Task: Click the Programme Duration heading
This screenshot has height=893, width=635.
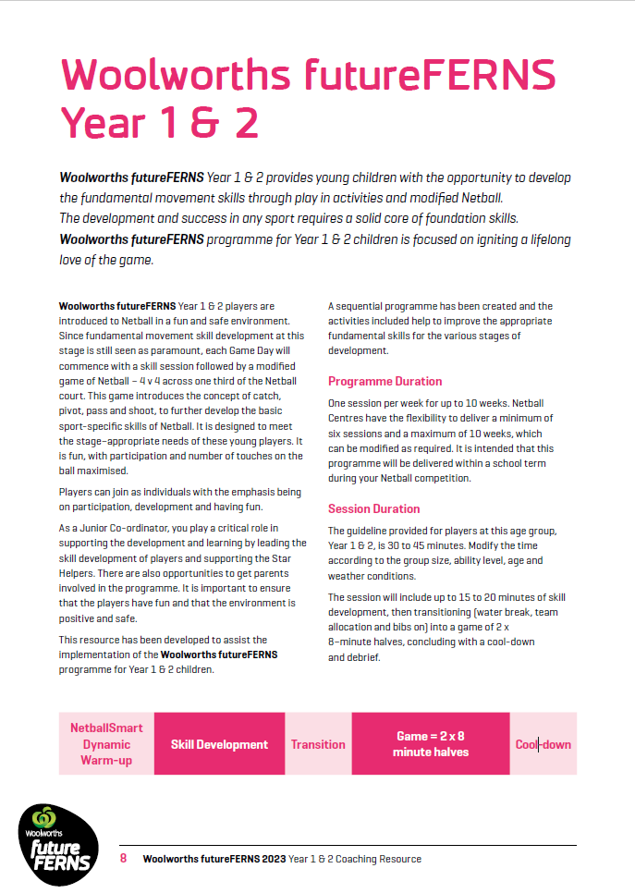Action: pos(385,381)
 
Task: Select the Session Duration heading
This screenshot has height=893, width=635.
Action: pos(373,508)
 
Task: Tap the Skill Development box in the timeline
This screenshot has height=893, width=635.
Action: pos(219,744)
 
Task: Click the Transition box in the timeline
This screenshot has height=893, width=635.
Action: pos(318,744)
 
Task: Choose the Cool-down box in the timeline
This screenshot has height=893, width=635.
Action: pos(543,744)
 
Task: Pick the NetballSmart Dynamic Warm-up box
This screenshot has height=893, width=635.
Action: pos(106,744)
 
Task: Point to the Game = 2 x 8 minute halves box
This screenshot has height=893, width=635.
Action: pos(431,744)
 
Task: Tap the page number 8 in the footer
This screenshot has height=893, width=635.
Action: pos(124,859)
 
